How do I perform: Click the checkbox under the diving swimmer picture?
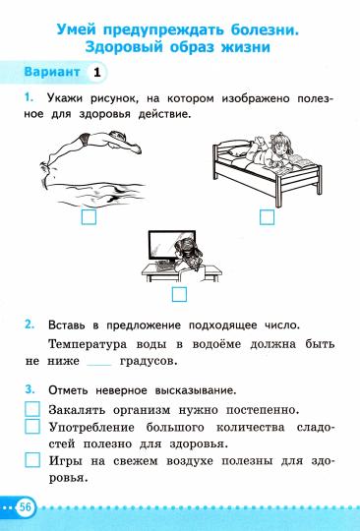[89, 217]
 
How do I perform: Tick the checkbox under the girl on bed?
[265, 217]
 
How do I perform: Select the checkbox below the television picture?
[179, 293]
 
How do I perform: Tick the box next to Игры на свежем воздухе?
[32, 459]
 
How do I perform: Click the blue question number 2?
[30, 324]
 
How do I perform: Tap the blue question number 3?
[30, 387]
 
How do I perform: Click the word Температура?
[93, 343]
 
